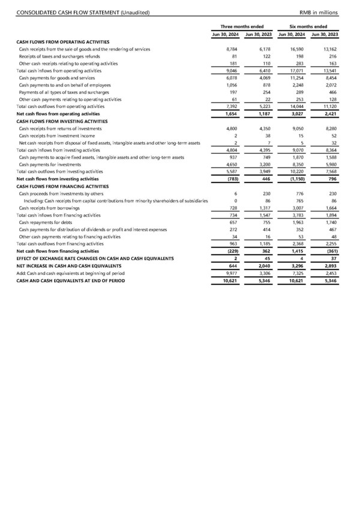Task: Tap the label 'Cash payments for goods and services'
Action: (57, 77)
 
